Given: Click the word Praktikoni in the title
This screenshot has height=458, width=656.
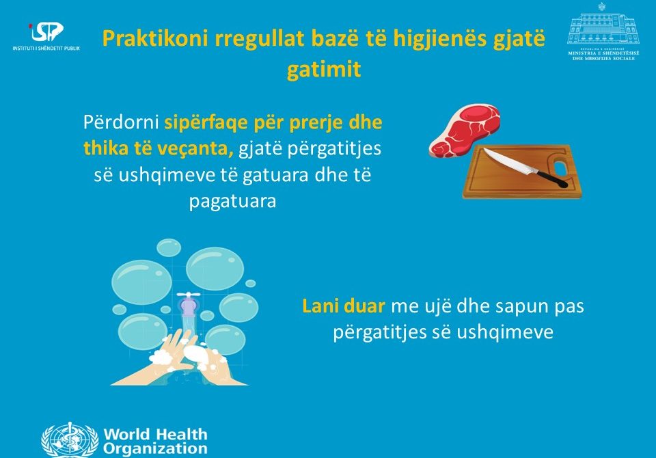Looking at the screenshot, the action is tap(155, 38).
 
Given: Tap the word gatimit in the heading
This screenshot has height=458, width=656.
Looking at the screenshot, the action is tap(324, 69).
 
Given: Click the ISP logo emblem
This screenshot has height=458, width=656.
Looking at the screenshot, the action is tap(46, 32).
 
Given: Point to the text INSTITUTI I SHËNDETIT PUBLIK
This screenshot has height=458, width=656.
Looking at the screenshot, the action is tap(46, 48).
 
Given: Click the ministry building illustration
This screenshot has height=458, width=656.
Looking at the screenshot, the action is tap(603, 25).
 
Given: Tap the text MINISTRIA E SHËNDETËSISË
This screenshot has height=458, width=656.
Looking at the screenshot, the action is tap(603, 53).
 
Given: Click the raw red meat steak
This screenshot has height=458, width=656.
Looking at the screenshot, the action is tap(465, 131).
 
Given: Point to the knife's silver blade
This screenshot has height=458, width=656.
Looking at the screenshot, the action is tap(508, 160).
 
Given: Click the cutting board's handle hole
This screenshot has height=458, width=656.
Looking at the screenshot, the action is tap(560, 165).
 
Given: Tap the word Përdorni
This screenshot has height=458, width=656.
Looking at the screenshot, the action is tap(121, 122).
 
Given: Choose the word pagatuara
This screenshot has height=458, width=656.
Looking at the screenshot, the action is tap(232, 202).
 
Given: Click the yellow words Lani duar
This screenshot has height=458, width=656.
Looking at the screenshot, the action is tap(343, 306).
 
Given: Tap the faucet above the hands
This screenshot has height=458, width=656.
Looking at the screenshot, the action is tap(188, 304).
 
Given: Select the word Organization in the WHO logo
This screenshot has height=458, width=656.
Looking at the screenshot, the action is tap(155, 449).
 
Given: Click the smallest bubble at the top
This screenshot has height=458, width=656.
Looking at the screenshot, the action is tap(250, 284).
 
